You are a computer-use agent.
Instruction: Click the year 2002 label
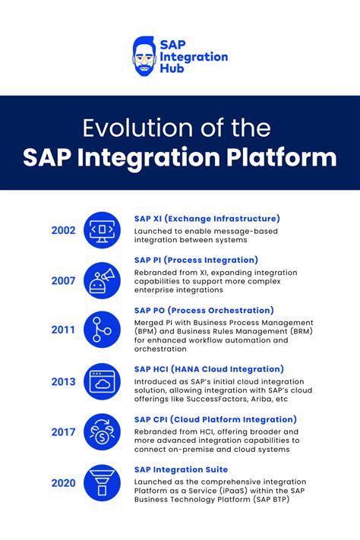[63, 230]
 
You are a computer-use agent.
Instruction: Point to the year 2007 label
[63, 280]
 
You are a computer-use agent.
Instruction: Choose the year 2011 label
[63, 330]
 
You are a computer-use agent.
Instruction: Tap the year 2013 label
[63, 381]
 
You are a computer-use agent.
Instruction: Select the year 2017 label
[63, 432]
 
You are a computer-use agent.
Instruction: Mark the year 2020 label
[63, 482]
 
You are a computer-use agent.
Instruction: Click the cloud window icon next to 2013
[102, 381]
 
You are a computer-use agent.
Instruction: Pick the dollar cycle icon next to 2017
[102, 432]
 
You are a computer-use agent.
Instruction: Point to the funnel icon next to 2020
[102, 482]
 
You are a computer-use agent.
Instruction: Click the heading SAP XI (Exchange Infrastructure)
[207, 219]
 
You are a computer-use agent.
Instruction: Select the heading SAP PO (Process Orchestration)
[204, 310]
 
